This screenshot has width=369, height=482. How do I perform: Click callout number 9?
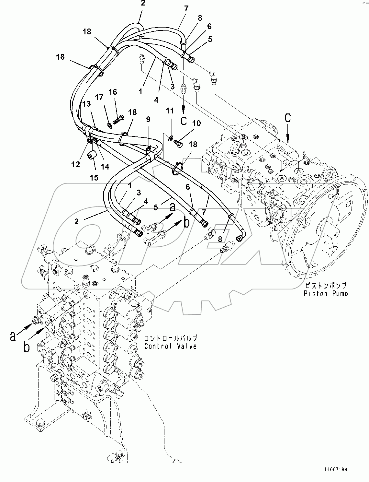[x=148, y=119]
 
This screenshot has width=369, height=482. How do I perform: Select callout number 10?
[x=196, y=123]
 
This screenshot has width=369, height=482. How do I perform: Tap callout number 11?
[x=170, y=111]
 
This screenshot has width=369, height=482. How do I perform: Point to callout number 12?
[x=75, y=165]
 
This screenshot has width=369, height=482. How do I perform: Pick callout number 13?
[x=86, y=104]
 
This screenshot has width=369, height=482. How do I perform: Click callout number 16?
[x=112, y=92]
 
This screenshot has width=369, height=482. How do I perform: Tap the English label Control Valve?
[x=170, y=346]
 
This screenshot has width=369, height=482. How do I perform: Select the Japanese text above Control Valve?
[x=170, y=338]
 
